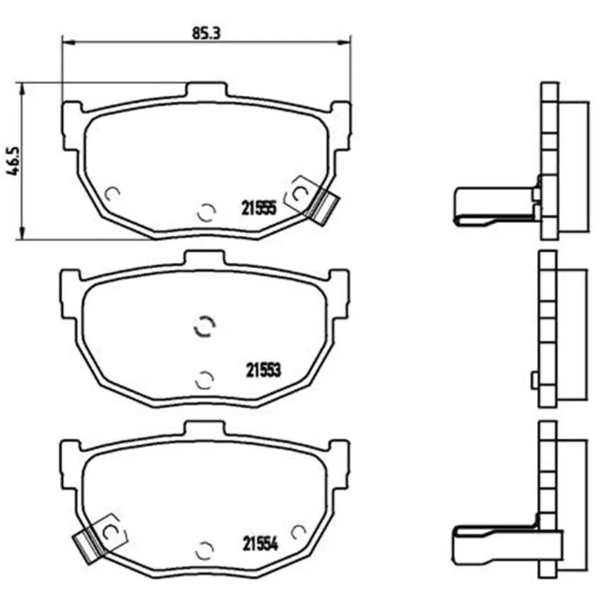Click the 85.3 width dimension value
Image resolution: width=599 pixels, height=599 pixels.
(x=207, y=33)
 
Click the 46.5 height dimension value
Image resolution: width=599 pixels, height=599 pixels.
(x=13, y=160)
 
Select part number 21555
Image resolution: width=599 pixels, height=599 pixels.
(x=258, y=208)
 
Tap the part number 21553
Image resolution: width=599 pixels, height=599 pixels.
(x=264, y=370)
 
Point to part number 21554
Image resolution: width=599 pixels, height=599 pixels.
(x=260, y=544)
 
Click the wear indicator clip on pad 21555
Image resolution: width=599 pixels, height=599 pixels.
(x=322, y=207)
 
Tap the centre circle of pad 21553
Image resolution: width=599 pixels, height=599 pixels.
(x=204, y=327)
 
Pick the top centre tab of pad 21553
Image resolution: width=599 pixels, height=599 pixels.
(x=204, y=258)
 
